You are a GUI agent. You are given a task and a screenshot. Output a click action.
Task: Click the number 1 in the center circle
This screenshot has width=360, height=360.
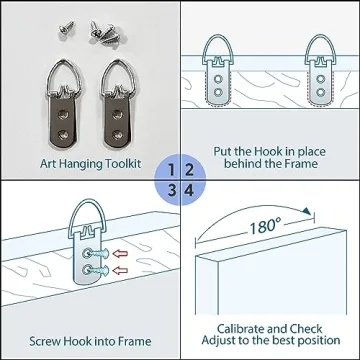[171, 170]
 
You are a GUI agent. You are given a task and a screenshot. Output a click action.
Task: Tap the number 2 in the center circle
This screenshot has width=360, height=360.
[189, 170]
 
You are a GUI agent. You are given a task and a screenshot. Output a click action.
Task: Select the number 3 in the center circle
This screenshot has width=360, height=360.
[172, 191]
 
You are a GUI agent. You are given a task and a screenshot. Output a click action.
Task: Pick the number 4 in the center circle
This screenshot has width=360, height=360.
[189, 191]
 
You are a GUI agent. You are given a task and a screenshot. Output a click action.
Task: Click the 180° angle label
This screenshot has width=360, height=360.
[265, 227]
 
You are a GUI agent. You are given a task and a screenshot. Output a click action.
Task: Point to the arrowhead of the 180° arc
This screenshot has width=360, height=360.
[307, 211]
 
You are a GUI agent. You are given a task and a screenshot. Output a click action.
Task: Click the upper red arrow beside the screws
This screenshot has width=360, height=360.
[120, 254]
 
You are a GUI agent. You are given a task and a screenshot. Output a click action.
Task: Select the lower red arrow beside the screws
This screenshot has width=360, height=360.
[120, 270]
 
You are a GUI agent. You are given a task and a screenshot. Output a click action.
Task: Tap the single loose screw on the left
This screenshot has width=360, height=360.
[67, 28]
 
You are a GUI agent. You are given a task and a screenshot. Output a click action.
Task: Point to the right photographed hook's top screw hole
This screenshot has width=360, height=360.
[117, 115]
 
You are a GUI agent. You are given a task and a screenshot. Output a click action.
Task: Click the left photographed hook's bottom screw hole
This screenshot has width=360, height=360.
[62, 135]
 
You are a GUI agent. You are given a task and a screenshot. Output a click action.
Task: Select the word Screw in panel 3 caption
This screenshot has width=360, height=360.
[45, 341]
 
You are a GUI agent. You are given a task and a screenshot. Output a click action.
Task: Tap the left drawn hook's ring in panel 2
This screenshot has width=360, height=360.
[218, 38]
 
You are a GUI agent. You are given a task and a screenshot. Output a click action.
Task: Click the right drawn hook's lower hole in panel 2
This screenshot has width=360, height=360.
[321, 92]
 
